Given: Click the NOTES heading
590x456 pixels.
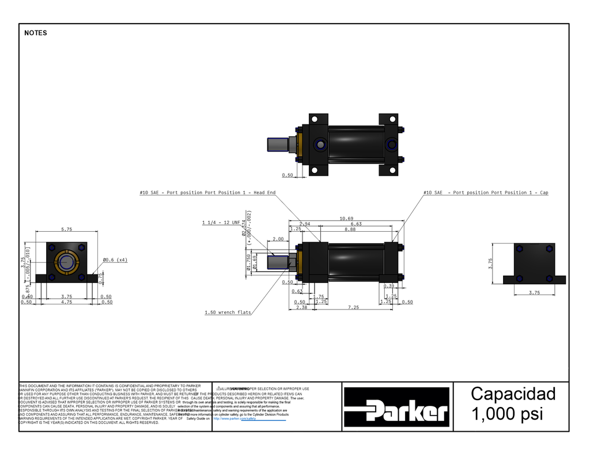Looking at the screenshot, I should [36, 33].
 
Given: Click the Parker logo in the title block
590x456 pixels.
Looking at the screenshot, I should [396, 407].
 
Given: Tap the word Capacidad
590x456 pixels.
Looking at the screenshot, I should [513, 394].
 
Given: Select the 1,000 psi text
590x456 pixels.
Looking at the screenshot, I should [506, 414].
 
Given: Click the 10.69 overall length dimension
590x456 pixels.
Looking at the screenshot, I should [346, 218].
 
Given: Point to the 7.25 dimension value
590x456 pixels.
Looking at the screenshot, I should [353, 308].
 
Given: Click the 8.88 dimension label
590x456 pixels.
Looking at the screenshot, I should [350, 229].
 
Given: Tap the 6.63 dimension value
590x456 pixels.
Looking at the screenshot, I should [355, 224].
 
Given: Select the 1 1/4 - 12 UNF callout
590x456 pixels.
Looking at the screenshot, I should [221, 222].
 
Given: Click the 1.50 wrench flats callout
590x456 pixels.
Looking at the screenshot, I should [228, 312].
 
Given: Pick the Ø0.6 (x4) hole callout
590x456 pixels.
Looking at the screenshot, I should [115, 260].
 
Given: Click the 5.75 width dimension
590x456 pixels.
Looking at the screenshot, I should [67, 229].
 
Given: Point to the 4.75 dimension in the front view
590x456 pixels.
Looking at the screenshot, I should [67, 302].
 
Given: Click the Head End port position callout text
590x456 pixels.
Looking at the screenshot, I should [207, 193].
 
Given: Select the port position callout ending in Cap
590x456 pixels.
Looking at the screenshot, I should [486, 193].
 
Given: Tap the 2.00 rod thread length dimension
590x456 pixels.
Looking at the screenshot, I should [278, 239].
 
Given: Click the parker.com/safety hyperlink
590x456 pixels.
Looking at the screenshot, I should [234, 419].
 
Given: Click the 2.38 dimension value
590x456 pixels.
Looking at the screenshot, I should [301, 308].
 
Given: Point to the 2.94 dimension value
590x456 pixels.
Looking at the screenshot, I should [305, 224].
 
